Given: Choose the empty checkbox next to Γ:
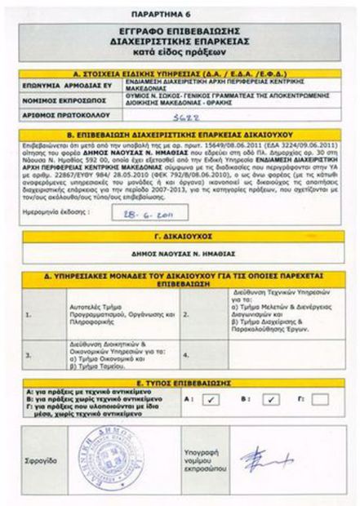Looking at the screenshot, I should point(319,398).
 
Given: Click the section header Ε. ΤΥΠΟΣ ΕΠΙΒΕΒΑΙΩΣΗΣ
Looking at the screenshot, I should point(180,380).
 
